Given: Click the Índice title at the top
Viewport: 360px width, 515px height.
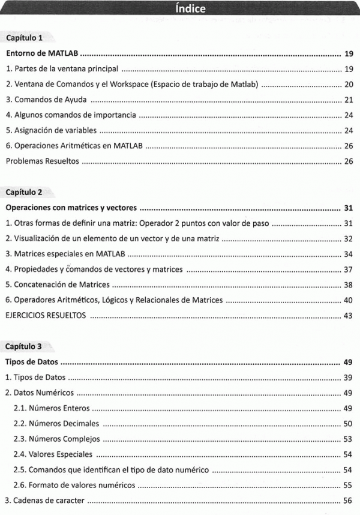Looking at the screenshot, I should point(191,9).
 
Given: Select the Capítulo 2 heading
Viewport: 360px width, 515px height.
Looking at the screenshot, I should point(23,193).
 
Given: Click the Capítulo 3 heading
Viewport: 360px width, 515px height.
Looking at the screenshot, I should point(23,347).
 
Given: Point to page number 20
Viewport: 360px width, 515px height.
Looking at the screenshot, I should point(349,85).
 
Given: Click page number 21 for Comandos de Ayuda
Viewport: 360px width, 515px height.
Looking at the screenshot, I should point(349,100).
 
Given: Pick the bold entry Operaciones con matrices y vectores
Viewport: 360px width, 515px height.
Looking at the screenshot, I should point(71,208).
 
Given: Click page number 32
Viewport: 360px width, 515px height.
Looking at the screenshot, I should point(349,239).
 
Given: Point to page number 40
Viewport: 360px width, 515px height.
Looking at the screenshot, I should point(349,300).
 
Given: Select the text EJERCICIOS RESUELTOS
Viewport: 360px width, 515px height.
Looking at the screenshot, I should point(46,316).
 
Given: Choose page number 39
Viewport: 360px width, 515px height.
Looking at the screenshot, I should point(349,378).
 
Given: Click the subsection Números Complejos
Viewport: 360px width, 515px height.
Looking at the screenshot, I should point(56,439).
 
